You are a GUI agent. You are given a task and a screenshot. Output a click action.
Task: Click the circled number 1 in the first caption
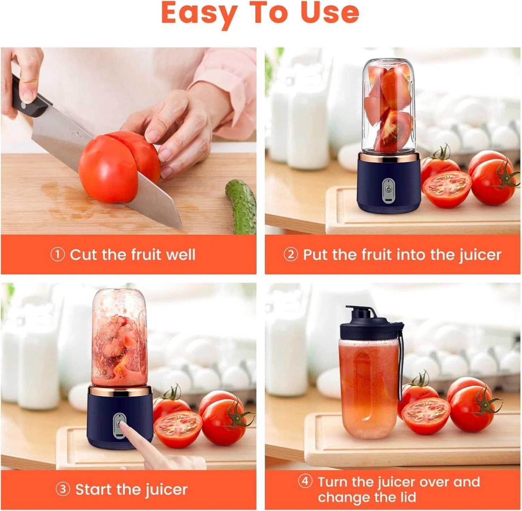click(57, 255)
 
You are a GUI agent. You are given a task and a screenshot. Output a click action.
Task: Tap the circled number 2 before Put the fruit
click(290, 255)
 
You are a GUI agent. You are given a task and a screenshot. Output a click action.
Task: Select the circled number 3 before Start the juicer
click(63, 490)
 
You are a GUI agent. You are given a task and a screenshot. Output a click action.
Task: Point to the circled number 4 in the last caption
click(305, 481)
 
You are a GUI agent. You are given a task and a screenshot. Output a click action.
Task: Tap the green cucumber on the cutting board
click(241, 206)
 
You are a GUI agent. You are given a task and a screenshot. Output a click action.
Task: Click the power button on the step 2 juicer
click(388, 188)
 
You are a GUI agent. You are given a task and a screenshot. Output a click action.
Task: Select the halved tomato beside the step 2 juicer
click(447, 189)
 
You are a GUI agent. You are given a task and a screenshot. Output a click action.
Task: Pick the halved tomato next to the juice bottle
click(426, 416)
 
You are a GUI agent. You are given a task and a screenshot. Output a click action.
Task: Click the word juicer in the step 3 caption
click(167, 490)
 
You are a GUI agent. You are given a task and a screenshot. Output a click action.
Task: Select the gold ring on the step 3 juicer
click(120, 390)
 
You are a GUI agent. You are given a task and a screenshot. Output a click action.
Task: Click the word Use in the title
click(329, 13)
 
